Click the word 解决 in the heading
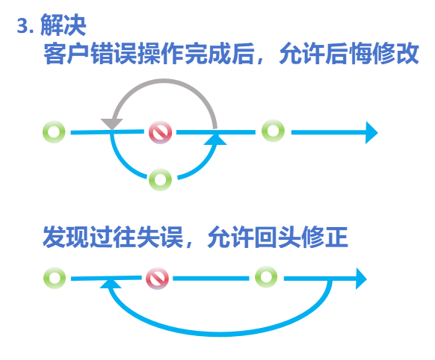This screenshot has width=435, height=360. click(64, 25)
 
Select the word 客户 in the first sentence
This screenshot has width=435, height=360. click(67, 54)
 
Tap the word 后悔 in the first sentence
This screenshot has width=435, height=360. click(348, 54)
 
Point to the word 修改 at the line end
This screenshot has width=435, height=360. click(395, 54)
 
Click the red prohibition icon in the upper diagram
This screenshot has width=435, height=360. click(161, 132)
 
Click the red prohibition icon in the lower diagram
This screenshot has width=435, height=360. click(157, 279)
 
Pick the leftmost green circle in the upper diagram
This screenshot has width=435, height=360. click(54, 132)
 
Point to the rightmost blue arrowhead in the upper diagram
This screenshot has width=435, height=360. click(371, 132)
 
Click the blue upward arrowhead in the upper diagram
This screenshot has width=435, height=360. click(215, 139)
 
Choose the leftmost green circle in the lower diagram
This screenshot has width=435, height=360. click(55, 278)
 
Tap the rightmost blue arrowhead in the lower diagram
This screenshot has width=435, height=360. click(362, 279)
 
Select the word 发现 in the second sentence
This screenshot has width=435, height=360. click(66, 237)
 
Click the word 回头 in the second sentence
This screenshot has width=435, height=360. click(277, 237)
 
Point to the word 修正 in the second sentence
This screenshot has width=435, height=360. click(324, 237)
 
